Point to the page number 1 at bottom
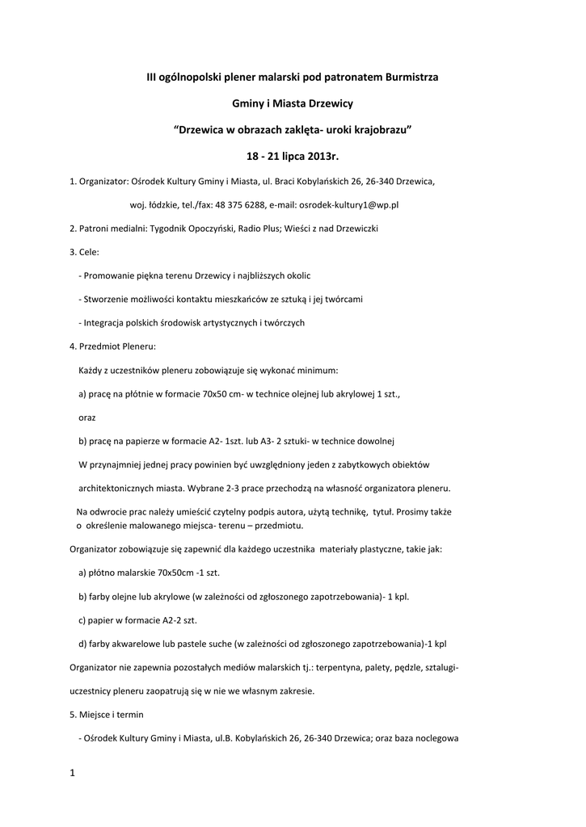(x=72, y=773)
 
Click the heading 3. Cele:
(x=84, y=252)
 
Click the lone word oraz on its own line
(x=86, y=418)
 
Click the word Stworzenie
(x=109, y=299)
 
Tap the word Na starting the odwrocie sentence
(x=82, y=512)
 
